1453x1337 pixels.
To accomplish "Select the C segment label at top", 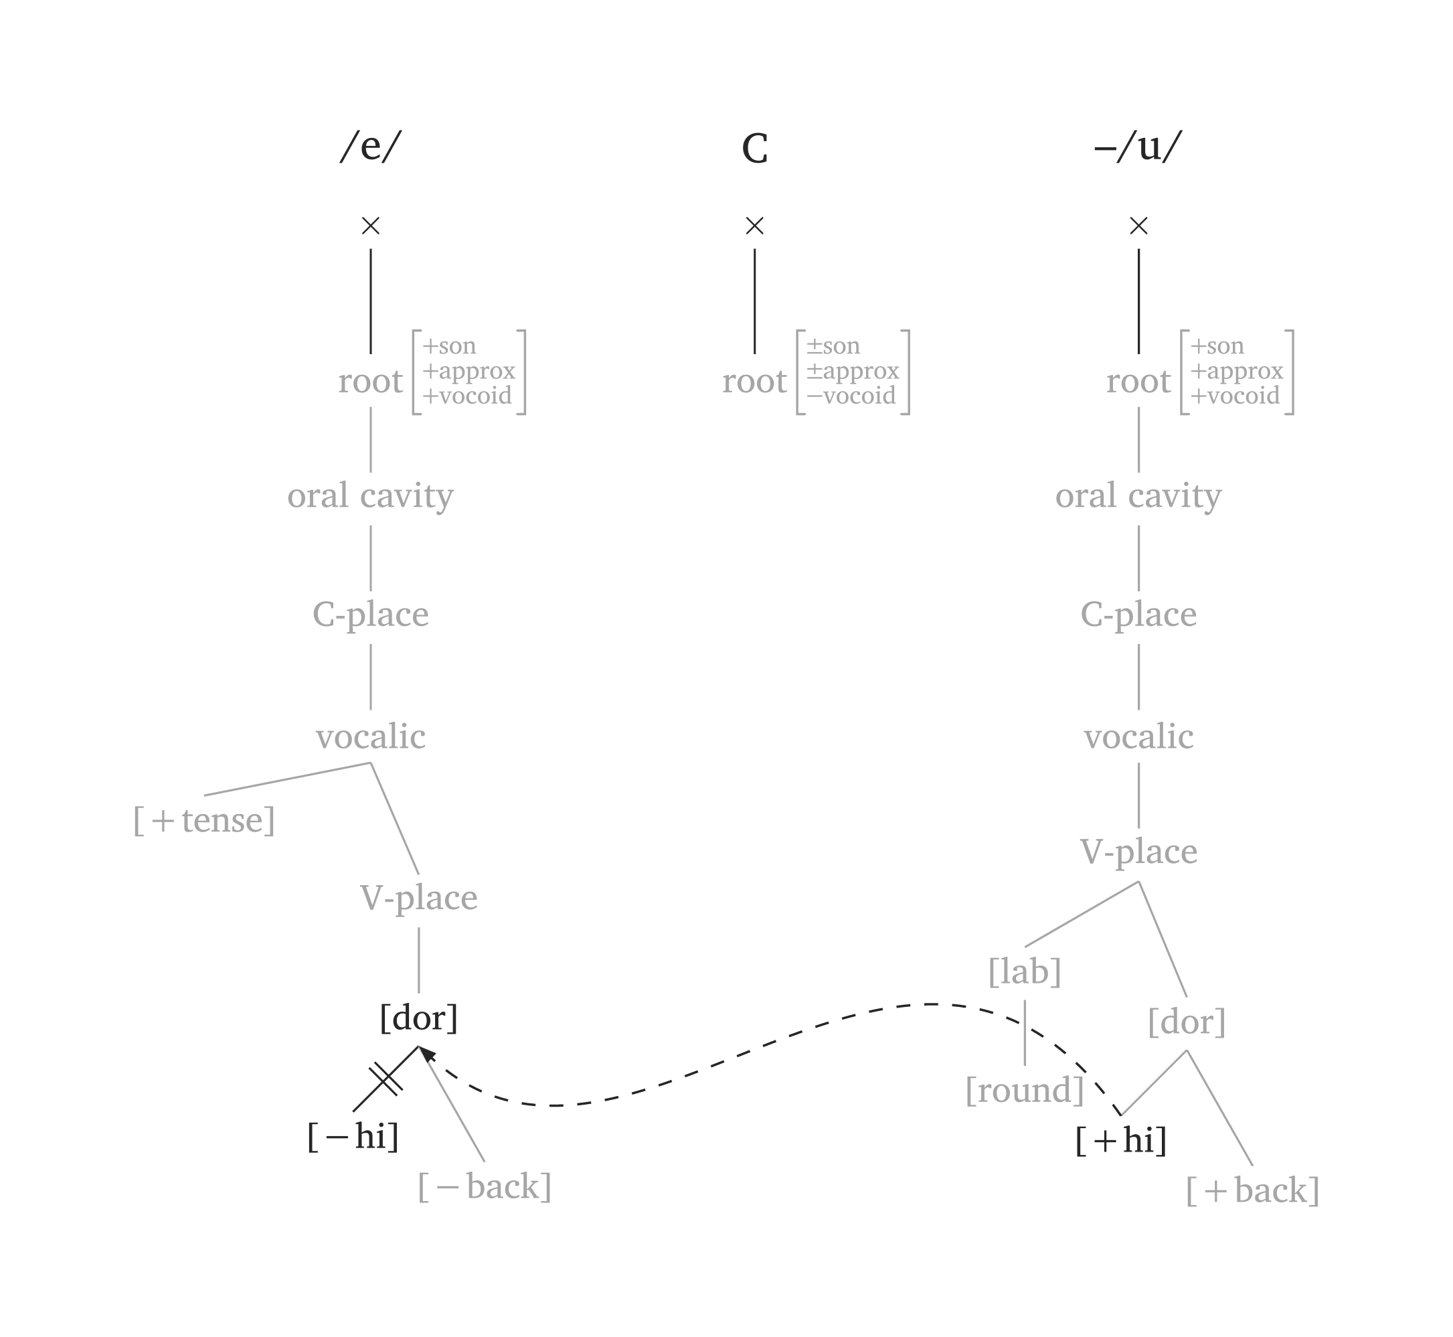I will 754,149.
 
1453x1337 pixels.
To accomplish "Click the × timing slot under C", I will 754,226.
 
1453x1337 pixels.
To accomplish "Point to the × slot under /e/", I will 370,226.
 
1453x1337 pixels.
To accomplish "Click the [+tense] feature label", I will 204,820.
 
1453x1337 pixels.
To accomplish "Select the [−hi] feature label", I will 353,1137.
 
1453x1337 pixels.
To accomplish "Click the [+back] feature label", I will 1253,1190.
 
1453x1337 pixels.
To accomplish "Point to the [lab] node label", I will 1025,971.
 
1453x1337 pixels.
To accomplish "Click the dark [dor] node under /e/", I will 419,1018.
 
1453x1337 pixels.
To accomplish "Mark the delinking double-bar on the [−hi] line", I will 386,1079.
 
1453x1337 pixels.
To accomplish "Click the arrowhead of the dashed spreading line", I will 426,1053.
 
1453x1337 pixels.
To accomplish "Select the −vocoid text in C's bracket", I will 851,396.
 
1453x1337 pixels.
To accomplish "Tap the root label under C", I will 754,381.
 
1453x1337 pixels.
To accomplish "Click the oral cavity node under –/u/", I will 1138,496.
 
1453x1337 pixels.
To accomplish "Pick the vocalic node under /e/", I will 370,737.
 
